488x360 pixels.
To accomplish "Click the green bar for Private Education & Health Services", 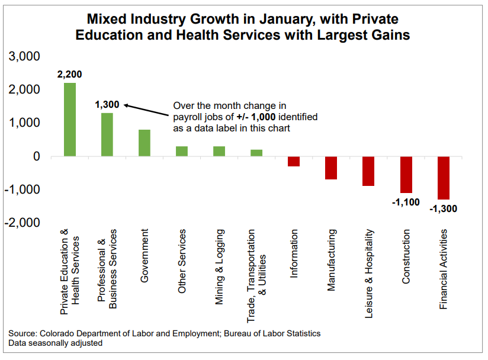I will [x=70, y=120].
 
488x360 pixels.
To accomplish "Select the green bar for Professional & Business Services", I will [x=107, y=135].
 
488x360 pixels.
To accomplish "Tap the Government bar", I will [x=145, y=143].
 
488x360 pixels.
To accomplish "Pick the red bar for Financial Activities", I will [x=444, y=178].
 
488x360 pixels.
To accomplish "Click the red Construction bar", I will [x=406, y=175].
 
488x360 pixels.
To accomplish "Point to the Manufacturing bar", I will [x=331, y=168].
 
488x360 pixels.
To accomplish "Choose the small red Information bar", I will [x=294, y=162].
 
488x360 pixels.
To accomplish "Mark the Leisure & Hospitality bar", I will [x=368, y=171].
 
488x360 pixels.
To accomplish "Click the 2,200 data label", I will [x=69, y=75].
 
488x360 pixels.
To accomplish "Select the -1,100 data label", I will [x=406, y=202].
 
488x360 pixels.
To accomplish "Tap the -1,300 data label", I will [x=444, y=208].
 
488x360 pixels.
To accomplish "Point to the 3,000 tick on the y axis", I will [x=23, y=57].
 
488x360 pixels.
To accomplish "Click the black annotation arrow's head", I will [x=126, y=105].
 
